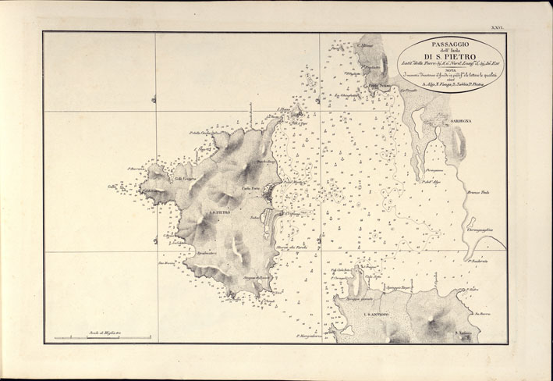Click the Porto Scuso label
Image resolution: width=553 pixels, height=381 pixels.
click(379, 85)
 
